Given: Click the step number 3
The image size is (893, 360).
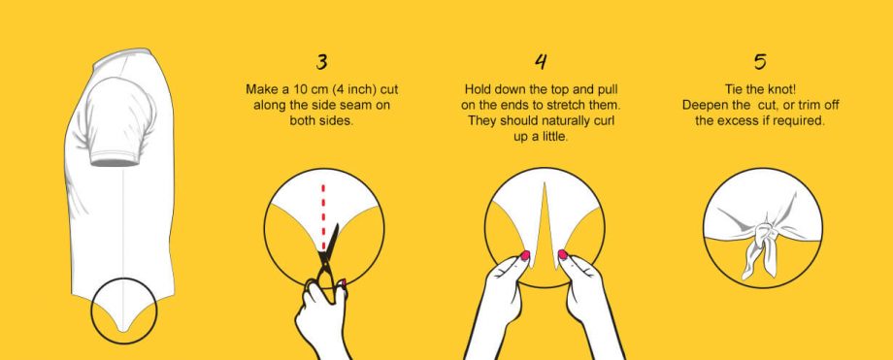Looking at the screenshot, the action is pyautogui.click(x=322, y=61).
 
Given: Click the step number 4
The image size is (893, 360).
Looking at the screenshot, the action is pyautogui.click(x=541, y=61).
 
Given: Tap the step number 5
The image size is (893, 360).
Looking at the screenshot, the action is pyautogui.click(x=760, y=61).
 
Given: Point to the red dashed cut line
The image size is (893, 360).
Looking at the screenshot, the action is pyautogui.click(x=323, y=216).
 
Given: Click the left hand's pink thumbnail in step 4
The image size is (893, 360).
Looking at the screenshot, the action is pyautogui.click(x=525, y=254).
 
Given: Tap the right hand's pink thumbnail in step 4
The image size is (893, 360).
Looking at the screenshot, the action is pyautogui.click(x=563, y=254).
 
